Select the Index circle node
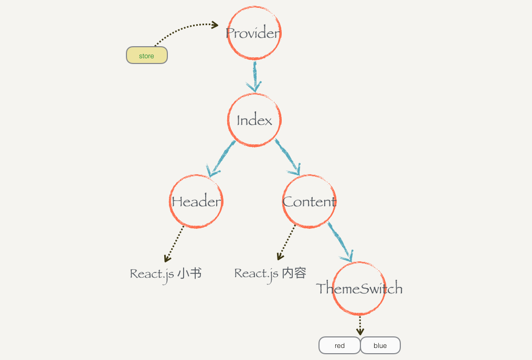tap(254, 120)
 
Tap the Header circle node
tap(196, 202)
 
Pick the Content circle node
tap(309, 202)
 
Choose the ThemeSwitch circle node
tap(359, 288)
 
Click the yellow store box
tap(147, 56)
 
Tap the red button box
tap(339, 345)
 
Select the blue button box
tap(380, 345)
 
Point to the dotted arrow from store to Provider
tap(184, 29)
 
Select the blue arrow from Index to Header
tap(221, 157)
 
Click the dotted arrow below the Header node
tap(175, 243)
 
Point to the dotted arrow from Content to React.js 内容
tap(286, 242)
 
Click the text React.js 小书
tap(166, 274)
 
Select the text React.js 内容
tap(270, 273)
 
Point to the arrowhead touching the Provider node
tap(214, 24)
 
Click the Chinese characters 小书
tap(189, 273)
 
